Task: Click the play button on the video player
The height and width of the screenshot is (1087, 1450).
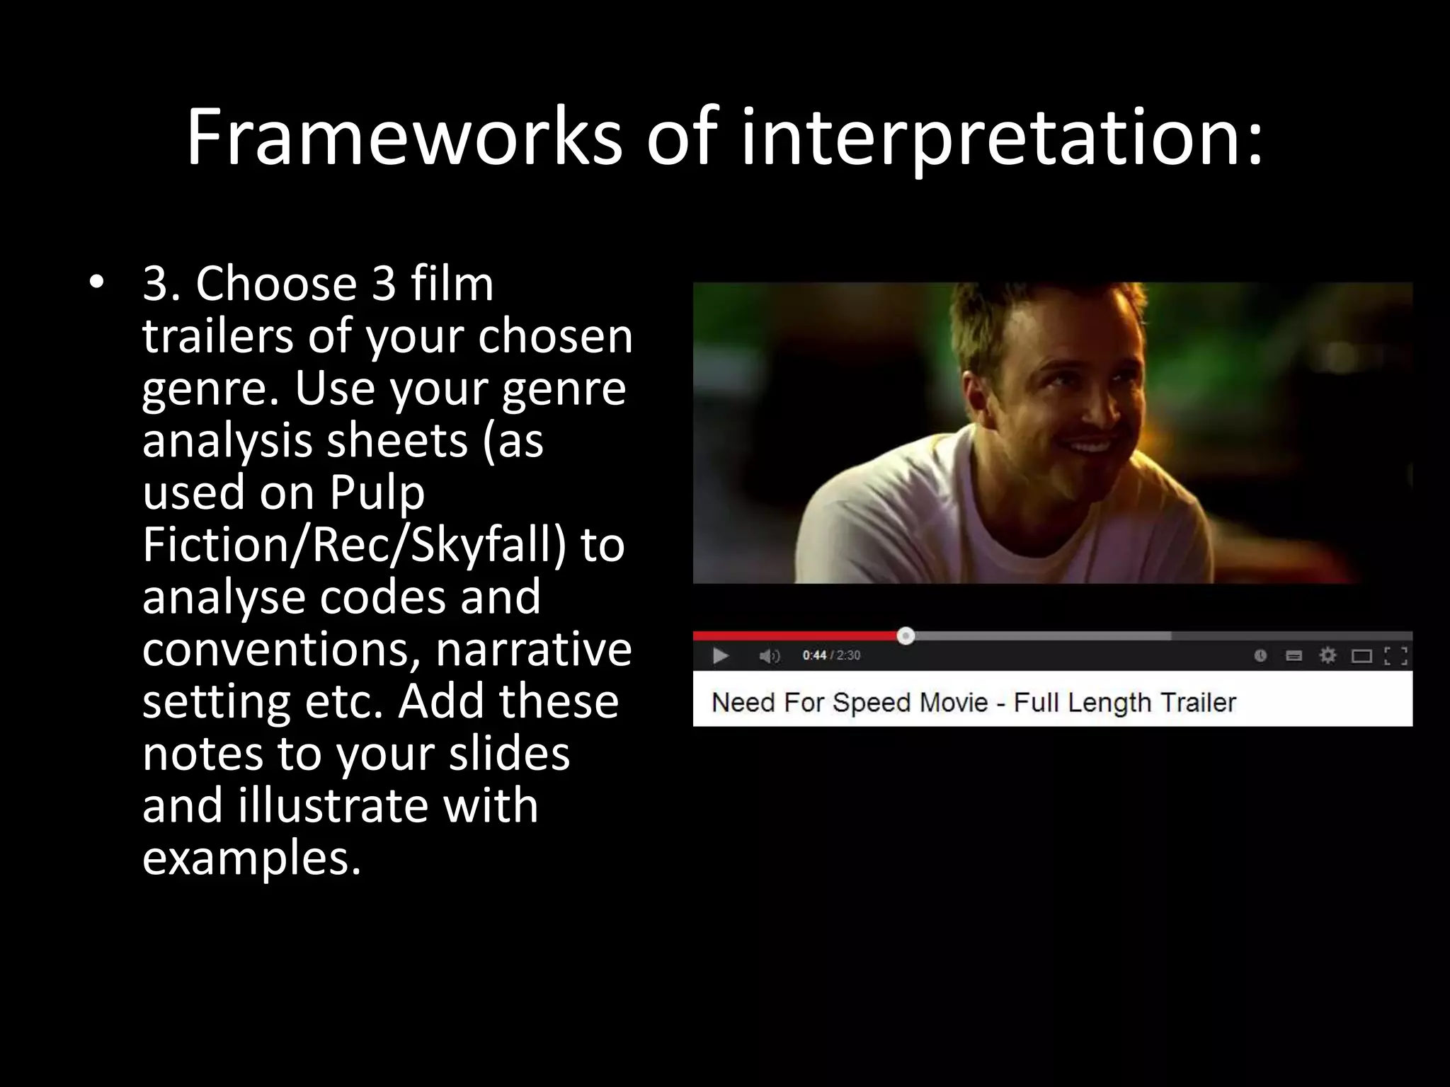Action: point(721,656)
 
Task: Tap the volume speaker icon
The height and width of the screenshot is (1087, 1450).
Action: point(769,656)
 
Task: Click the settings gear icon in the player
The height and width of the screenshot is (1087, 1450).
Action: point(1328,655)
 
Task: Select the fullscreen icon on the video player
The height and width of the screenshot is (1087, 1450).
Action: point(1395,656)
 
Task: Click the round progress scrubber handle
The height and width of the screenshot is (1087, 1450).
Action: point(906,636)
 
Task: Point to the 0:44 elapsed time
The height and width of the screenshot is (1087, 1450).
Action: point(814,655)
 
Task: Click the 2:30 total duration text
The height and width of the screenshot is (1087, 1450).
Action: point(848,655)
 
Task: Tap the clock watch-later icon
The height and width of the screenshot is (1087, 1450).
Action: point(1260,656)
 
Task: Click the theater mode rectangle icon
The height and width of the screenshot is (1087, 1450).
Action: point(1361,656)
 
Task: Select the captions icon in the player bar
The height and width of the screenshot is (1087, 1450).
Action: point(1294,656)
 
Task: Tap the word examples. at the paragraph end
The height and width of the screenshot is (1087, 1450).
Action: point(251,858)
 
